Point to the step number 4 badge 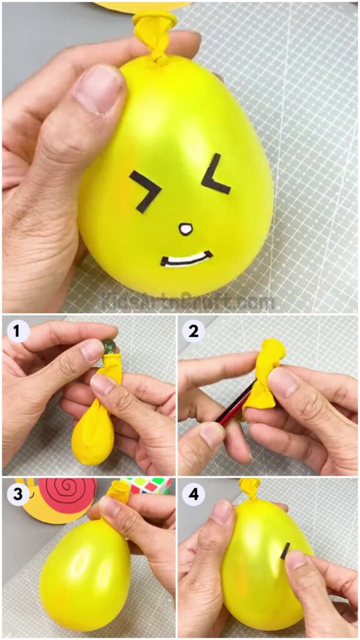pos(194,494)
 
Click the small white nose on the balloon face pos(186,229)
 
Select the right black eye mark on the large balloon pos(215,174)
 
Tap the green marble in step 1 pos(109,346)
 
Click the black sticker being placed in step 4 pos(285,551)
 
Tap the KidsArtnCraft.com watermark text pos(187,302)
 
